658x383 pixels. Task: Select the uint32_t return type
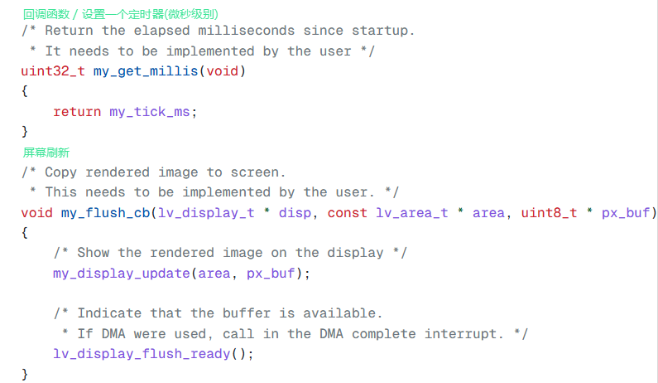coord(53,71)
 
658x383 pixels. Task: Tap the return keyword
coord(77,111)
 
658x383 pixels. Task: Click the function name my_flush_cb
coord(105,213)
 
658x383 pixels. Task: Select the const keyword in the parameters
coord(348,213)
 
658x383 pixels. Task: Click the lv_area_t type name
coord(412,213)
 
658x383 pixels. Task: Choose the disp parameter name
coord(295,213)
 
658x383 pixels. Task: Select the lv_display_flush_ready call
coord(142,354)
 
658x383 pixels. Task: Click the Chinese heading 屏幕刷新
coord(46,152)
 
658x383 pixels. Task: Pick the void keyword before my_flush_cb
coord(36,213)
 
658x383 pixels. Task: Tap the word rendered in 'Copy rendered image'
coord(118,172)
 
